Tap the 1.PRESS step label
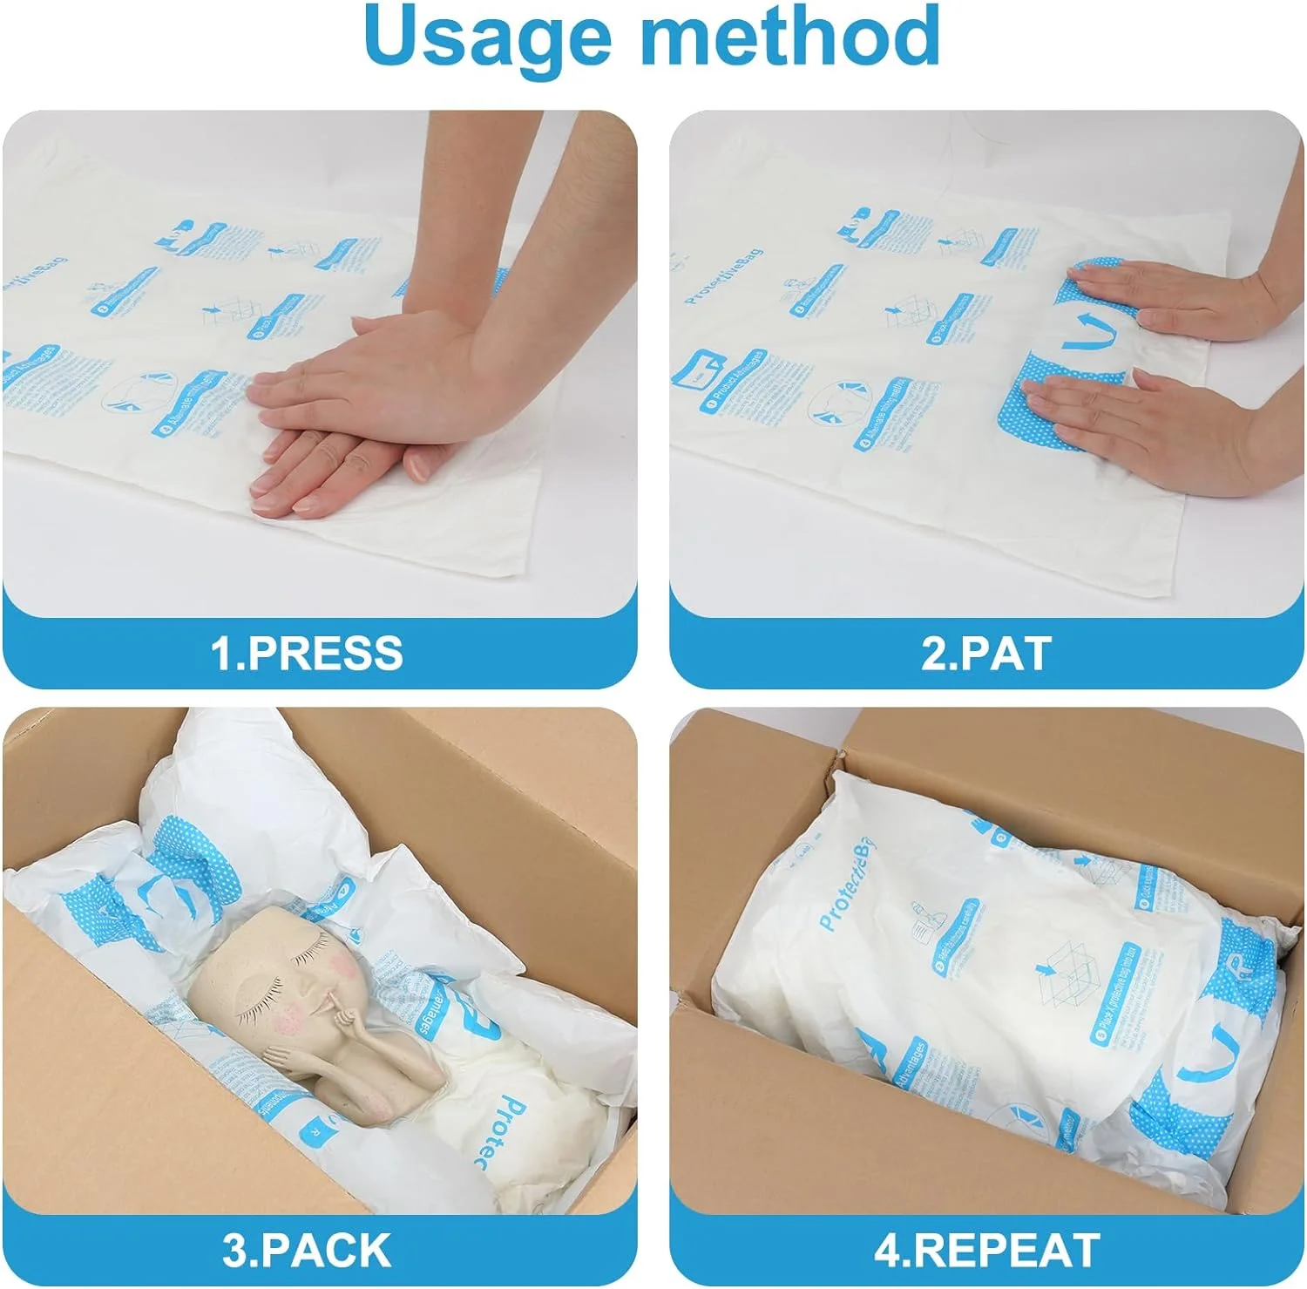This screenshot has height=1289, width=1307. click(x=307, y=653)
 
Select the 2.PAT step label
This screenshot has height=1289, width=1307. click(x=985, y=653)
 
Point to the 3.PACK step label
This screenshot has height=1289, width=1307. click(x=307, y=1250)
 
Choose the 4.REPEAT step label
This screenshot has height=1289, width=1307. click(x=986, y=1250)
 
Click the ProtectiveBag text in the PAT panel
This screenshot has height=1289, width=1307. click(x=722, y=275)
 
